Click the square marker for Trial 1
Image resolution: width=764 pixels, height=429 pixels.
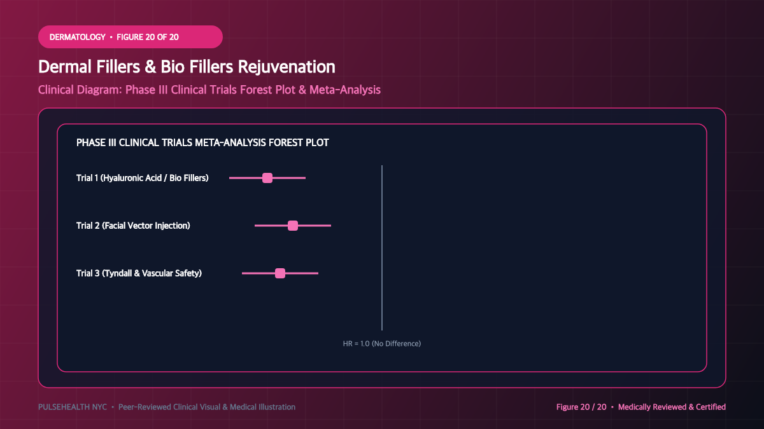pos(267,178)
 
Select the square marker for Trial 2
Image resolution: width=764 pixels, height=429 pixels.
pos(293,226)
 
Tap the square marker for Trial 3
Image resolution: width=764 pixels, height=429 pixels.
pos(280,273)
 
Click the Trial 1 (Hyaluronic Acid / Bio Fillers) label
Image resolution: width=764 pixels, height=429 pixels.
pos(142,178)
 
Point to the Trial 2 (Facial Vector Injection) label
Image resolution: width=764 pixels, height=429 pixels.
pos(133,226)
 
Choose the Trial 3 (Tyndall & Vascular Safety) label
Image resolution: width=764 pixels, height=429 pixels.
pos(139,273)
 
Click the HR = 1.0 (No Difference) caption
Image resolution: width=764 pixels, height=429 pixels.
pos(381,344)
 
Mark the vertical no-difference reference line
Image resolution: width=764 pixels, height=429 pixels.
pos(382,248)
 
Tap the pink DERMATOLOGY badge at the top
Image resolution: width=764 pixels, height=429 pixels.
pos(131,37)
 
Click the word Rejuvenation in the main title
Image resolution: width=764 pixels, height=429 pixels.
pos(286,67)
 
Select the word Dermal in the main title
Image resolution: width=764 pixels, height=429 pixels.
pos(65,66)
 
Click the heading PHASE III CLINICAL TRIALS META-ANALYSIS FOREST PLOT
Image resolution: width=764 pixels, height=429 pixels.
pos(202,142)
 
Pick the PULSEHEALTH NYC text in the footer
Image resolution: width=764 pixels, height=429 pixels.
pos(73,407)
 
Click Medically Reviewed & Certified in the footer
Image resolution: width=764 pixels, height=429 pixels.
pos(672,407)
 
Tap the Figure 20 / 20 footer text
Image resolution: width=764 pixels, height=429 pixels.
pos(581,407)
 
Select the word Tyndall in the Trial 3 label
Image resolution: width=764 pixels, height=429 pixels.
pos(118,273)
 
